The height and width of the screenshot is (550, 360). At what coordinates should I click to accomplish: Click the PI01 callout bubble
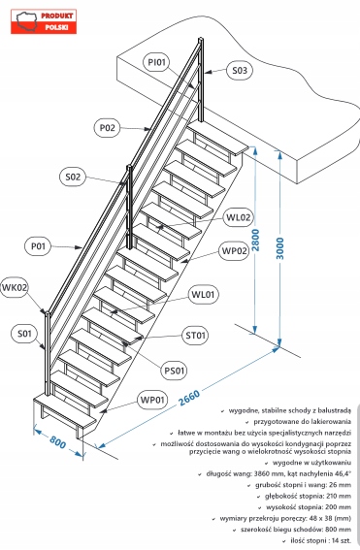156,62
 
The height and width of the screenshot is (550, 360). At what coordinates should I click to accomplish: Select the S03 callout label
240,71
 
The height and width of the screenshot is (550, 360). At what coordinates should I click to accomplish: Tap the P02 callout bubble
108,128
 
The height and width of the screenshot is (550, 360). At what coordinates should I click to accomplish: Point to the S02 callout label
73,177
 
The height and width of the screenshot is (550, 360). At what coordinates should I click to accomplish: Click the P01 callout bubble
38,246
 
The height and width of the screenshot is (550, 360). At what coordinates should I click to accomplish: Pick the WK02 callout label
15,288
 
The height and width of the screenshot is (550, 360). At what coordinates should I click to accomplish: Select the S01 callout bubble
24,334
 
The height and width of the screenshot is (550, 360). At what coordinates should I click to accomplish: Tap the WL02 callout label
239,217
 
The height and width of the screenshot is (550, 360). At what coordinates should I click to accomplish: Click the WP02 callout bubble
235,251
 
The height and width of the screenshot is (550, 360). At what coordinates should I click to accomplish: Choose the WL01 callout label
203,294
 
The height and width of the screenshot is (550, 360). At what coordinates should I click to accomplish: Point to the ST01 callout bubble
195,336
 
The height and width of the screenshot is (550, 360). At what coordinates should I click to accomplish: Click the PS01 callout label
175,371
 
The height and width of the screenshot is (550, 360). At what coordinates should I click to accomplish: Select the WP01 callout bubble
152,400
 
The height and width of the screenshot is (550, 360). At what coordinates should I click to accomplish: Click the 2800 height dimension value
256,240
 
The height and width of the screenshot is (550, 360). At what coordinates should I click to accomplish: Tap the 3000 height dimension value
280,248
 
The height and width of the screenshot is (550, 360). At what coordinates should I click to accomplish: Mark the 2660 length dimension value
189,398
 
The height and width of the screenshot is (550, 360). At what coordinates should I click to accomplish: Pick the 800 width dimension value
57,442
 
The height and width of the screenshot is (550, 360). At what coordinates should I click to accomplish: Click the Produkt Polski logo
44,21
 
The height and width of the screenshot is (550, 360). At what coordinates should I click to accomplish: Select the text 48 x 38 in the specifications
313,518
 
